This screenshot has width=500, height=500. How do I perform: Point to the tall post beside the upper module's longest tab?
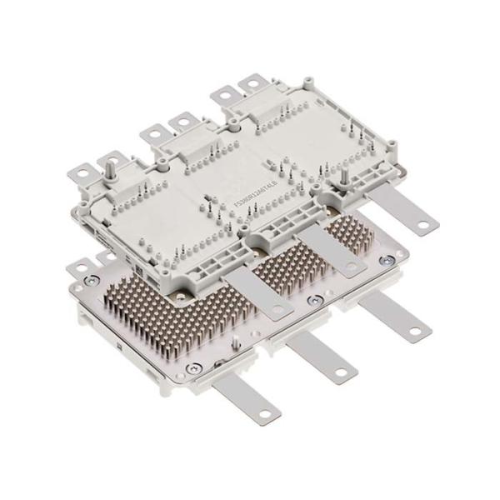pos(342,177)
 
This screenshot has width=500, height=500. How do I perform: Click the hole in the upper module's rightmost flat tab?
pos(423,223)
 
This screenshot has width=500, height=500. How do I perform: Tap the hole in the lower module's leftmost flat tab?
pos(265,413)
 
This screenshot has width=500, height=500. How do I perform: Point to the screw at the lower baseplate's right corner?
pos(386,260)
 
